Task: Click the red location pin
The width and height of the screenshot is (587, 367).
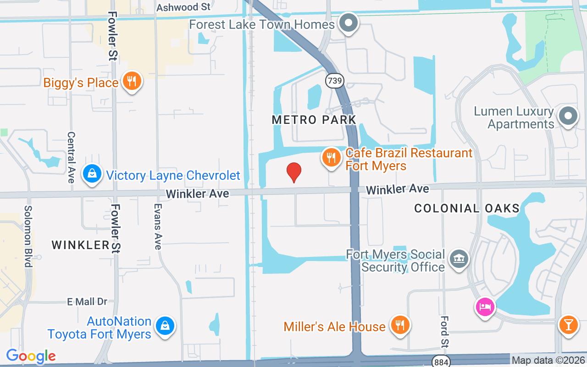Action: [x=294, y=172]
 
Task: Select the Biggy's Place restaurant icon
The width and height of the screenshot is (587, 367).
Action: [x=132, y=82]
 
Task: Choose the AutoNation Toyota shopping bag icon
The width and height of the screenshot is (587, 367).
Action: [x=164, y=327]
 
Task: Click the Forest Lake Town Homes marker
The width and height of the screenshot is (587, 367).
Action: [x=349, y=23]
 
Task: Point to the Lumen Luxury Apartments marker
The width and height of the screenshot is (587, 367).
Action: [x=568, y=117]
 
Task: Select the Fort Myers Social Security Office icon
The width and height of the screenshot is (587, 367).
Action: [x=459, y=260]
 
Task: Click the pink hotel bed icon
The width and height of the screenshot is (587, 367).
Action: [x=485, y=306]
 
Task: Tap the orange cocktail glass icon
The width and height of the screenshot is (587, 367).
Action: [x=568, y=325]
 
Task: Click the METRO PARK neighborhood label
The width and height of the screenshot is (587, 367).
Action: [x=314, y=120]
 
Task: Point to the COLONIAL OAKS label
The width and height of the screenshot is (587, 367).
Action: [x=466, y=208]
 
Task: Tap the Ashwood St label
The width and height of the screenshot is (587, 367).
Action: [x=183, y=7]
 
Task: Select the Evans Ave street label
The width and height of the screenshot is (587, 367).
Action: [x=158, y=227]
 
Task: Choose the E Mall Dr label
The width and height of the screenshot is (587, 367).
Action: [x=87, y=301]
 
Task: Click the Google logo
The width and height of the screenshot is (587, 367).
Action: [x=31, y=356]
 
